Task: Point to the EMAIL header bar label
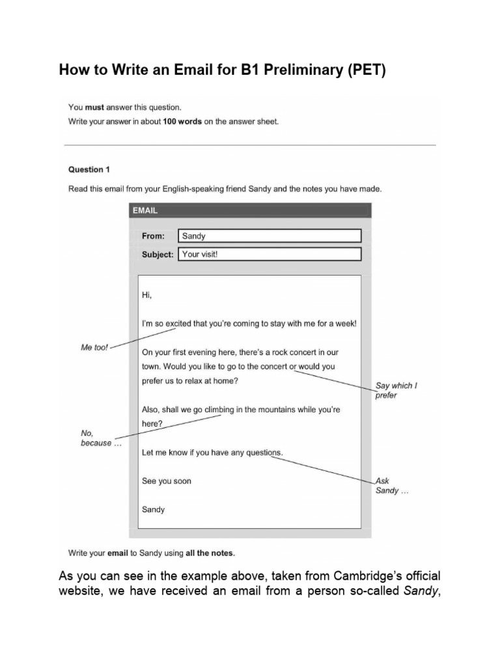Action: point(145,210)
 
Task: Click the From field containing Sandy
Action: point(270,236)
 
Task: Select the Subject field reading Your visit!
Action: point(270,254)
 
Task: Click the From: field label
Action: point(153,236)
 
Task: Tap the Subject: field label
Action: point(158,254)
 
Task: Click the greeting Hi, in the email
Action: point(146,294)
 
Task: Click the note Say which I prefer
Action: point(395,390)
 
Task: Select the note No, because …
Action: point(96,438)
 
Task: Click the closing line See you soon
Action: point(166,481)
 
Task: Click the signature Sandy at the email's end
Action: point(153,509)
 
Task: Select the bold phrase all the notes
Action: point(210,553)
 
